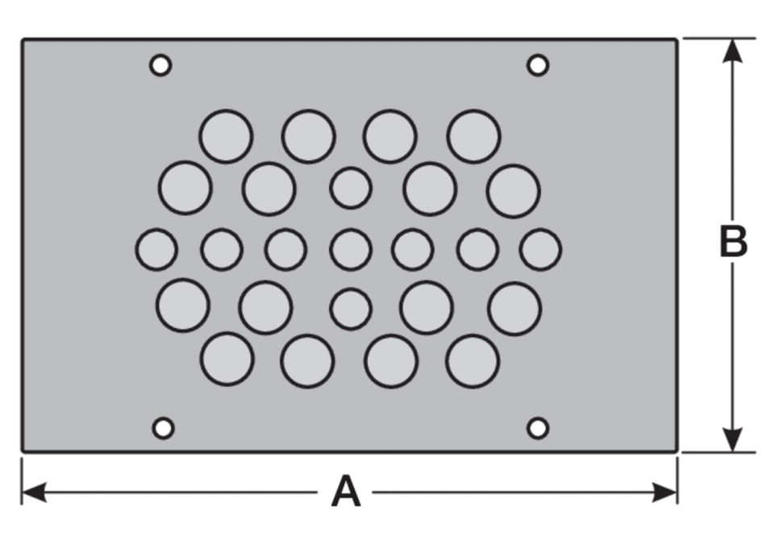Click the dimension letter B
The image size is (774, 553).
click(x=733, y=242)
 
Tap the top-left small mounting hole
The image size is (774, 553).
click(x=160, y=65)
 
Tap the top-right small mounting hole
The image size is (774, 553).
click(x=538, y=65)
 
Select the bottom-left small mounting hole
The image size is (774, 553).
click(x=164, y=428)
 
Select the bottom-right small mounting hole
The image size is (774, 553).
click(x=538, y=428)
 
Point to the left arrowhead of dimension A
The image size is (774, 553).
click(x=35, y=493)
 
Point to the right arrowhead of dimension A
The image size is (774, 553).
click(x=664, y=493)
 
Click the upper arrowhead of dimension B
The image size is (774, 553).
click(x=733, y=51)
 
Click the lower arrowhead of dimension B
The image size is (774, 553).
click(x=733, y=439)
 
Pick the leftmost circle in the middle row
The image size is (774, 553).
click(x=156, y=249)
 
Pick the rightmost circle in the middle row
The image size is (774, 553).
click(x=540, y=249)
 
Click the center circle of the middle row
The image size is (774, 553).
click(x=351, y=249)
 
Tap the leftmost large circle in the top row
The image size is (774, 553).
click(x=226, y=136)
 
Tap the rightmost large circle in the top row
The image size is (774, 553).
click(x=474, y=136)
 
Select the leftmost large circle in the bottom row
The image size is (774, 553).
click(x=227, y=359)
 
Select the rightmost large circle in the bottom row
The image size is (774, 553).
click(x=472, y=361)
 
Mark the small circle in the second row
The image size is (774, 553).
click(x=351, y=188)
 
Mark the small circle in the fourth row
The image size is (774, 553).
click(x=351, y=309)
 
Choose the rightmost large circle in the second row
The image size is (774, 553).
click(x=514, y=191)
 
